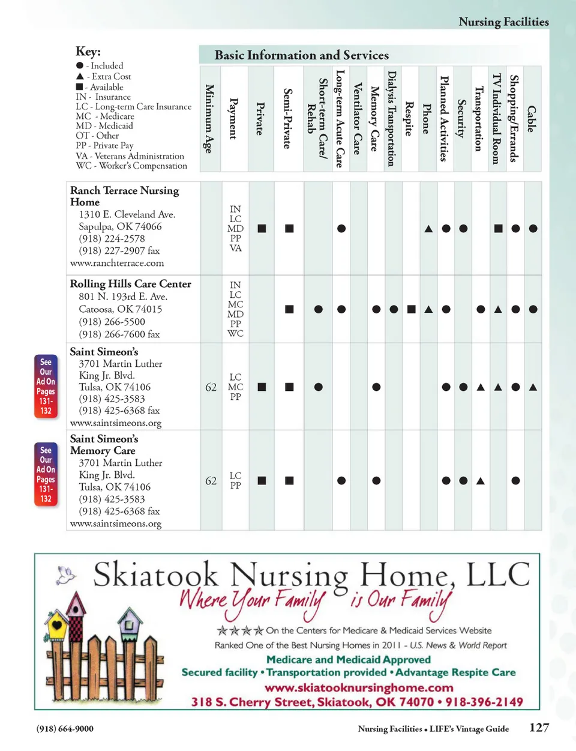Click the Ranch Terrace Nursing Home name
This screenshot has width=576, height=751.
124,196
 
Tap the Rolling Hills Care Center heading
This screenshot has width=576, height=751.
130,283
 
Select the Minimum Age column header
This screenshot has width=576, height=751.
209,118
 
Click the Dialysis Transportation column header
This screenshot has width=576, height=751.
392,118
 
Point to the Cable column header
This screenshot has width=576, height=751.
532,118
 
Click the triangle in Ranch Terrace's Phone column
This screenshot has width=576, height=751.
428,229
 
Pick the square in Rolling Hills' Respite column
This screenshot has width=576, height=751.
411,309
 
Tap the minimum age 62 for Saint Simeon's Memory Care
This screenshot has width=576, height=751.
211,481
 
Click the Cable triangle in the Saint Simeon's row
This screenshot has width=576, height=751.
533,387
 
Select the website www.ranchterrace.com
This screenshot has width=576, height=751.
117,263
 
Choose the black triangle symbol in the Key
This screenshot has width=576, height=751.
80,76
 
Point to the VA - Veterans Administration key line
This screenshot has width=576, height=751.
130,155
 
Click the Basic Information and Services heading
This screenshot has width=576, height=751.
301,55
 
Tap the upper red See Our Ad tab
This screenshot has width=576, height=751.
46,386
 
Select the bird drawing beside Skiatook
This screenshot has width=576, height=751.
66,575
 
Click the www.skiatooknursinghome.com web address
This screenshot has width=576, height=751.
359,687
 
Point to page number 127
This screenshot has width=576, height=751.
539,727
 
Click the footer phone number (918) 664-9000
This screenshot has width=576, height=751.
65,729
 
